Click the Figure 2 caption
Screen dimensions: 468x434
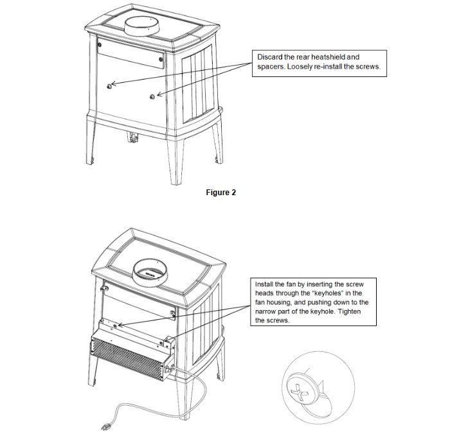(221, 193)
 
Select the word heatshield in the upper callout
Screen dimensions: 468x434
(328, 57)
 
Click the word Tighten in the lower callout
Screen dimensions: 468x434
(350, 311)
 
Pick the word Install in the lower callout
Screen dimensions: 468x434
(264, 284)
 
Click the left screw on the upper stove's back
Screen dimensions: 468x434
(109, 86)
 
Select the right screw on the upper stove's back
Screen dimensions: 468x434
(152, 96)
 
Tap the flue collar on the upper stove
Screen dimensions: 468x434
(142, 26)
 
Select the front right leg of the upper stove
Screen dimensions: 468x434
(176, 162)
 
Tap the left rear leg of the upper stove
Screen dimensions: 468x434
(91, 143)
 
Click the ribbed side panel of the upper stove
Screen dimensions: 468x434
(199, 85)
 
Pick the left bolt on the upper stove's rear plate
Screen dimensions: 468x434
(100, 45)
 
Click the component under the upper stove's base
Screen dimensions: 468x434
(134, 137)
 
